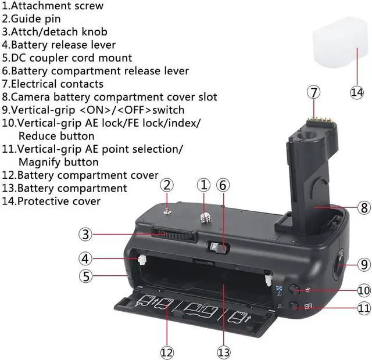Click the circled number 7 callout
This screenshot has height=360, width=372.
tap(314, 92)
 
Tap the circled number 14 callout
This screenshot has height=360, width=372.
tap(356, 92)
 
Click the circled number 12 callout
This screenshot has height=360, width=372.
tap(167, 351)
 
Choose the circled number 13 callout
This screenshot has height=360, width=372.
tap(224, 351)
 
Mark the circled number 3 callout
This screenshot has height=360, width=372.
tap(86, 235)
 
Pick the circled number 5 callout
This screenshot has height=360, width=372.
tap(86, 276)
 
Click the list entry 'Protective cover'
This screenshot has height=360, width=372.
tap(58, 201)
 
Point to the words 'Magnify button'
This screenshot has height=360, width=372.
tap(58, 162)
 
